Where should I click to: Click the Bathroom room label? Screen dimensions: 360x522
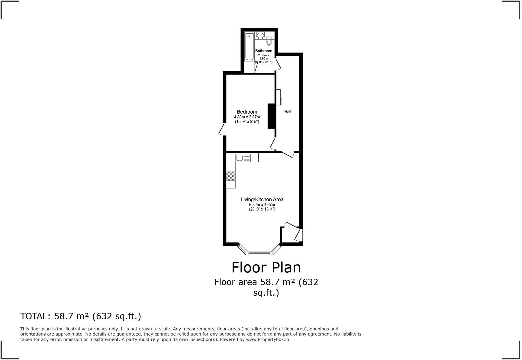point(263,51)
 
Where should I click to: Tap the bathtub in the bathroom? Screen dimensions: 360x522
point(249,47)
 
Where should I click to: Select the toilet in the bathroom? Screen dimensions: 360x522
point(269,41)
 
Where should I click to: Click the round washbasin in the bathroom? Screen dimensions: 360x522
point(260,35)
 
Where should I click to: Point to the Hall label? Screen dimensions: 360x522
point(288,112)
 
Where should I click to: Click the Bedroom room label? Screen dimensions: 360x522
point(247,112)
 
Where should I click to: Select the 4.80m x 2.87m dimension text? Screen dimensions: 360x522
point(247,117)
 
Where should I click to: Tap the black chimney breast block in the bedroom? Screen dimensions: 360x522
point(272,116)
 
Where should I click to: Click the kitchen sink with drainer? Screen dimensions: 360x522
point(243,158)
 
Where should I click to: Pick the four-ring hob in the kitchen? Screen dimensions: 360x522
point(231,176)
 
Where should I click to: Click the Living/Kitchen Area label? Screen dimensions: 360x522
point(262,199)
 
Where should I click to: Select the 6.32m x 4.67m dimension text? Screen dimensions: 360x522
point(262,204)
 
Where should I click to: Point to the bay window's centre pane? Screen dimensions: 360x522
point(259,253)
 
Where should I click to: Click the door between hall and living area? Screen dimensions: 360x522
point(288,154)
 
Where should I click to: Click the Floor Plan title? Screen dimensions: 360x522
point(266,267)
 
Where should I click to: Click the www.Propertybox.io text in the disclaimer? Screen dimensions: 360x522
point(267,339)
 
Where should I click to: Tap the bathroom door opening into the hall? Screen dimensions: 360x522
point(278,64)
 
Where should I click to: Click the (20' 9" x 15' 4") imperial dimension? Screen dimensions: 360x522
point(262,209)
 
